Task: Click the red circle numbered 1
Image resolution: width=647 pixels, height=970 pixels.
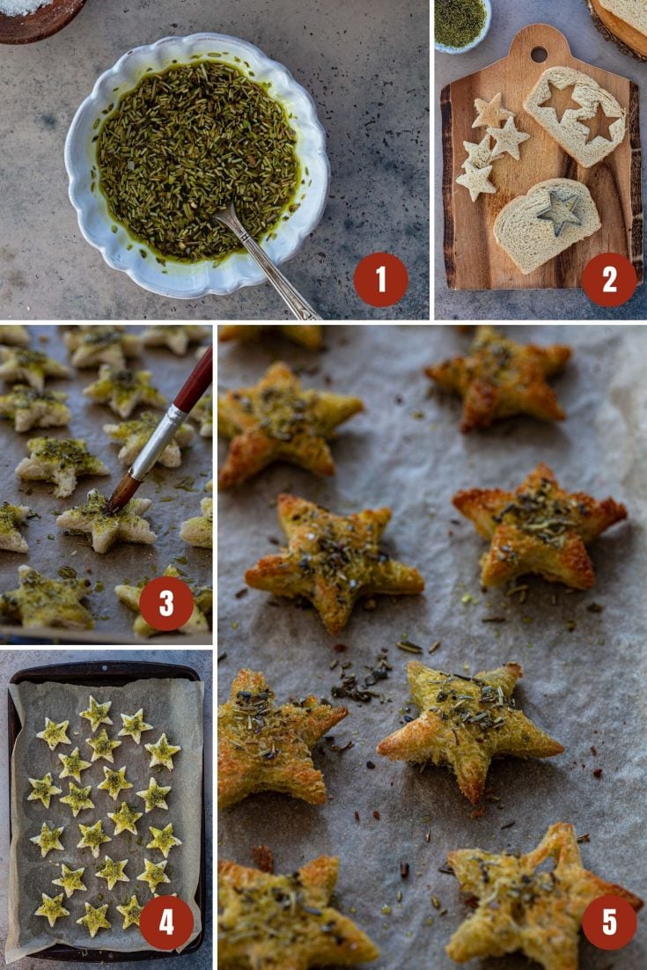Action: point(380,280)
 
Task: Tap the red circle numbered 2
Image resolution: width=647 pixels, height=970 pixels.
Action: point(608,280)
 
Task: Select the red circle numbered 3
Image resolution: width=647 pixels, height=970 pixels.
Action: point(165,604)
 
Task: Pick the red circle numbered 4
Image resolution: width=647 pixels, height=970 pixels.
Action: point(165,922)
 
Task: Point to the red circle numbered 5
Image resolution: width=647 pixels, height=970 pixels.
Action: point(609,922)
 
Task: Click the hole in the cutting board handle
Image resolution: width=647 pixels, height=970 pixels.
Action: point(539,53)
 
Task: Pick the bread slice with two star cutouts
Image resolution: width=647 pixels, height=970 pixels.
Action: point(577,114)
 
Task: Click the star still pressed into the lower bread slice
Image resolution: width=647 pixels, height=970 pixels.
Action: point(560,211)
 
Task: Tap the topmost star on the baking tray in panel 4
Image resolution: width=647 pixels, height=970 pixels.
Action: point(96,712)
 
